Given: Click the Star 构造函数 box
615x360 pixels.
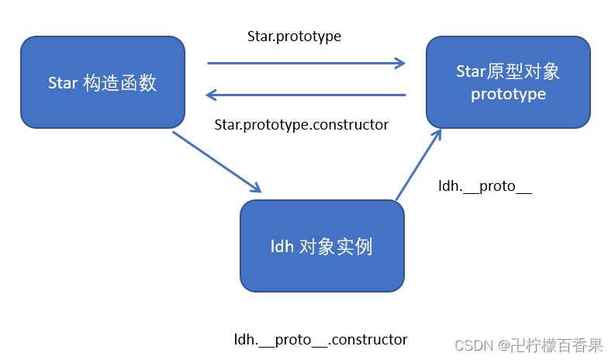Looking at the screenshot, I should pos(102,81).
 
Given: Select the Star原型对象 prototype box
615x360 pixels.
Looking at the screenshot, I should pos(508,82).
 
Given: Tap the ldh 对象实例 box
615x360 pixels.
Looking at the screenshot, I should pos(322,246).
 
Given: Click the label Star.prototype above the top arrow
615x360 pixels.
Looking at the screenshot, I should pos(294,36).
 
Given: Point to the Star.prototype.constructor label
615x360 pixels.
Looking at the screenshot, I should pos(301,124).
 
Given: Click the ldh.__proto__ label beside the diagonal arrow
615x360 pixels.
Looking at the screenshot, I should pos(485,187).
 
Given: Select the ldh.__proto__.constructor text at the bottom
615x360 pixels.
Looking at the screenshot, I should pos(320,339).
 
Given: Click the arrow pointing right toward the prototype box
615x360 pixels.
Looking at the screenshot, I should pos(306,64).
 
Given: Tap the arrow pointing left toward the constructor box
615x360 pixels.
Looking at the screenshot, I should pos(306,95).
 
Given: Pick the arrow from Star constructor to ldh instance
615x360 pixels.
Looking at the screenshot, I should pos(216,161).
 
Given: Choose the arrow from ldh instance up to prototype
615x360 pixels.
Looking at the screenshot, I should pos(419,164).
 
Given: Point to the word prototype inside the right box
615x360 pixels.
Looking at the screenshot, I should pos(508,94).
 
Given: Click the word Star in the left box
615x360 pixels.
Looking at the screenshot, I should pos(63,82).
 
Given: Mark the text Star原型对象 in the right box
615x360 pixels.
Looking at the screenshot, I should pos(508,72).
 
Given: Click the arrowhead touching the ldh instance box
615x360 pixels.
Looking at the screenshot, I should pos(255,188).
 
